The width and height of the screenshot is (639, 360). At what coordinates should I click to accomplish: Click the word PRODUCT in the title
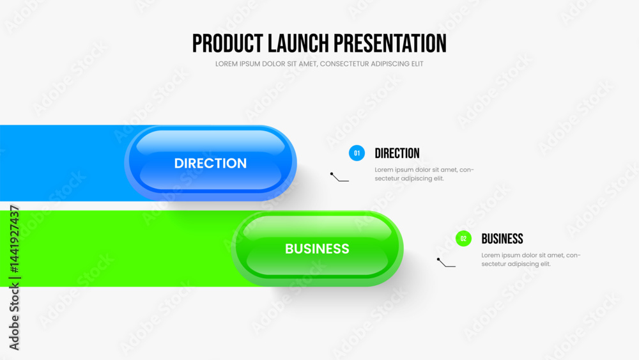coord(227,43)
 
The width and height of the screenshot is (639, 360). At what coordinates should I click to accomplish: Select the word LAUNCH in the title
coord(298,43)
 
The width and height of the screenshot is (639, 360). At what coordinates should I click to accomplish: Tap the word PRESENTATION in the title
coord(390,43)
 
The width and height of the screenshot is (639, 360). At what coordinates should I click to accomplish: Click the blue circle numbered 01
coord(357,153)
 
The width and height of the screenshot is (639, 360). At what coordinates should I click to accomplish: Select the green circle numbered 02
coord(463,239)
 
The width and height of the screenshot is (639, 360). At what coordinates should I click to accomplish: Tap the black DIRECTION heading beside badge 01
coord(397,153)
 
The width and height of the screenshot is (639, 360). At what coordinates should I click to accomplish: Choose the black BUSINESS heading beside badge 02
coord(502,239)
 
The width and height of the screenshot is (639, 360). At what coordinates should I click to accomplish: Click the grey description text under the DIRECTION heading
coord(424,174)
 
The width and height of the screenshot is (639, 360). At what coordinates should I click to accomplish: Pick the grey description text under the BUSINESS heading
coord(531,260)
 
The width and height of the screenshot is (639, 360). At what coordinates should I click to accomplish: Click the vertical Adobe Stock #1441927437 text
coord(14,278)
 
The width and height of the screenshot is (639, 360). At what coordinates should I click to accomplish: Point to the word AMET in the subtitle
coord(308,64)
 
